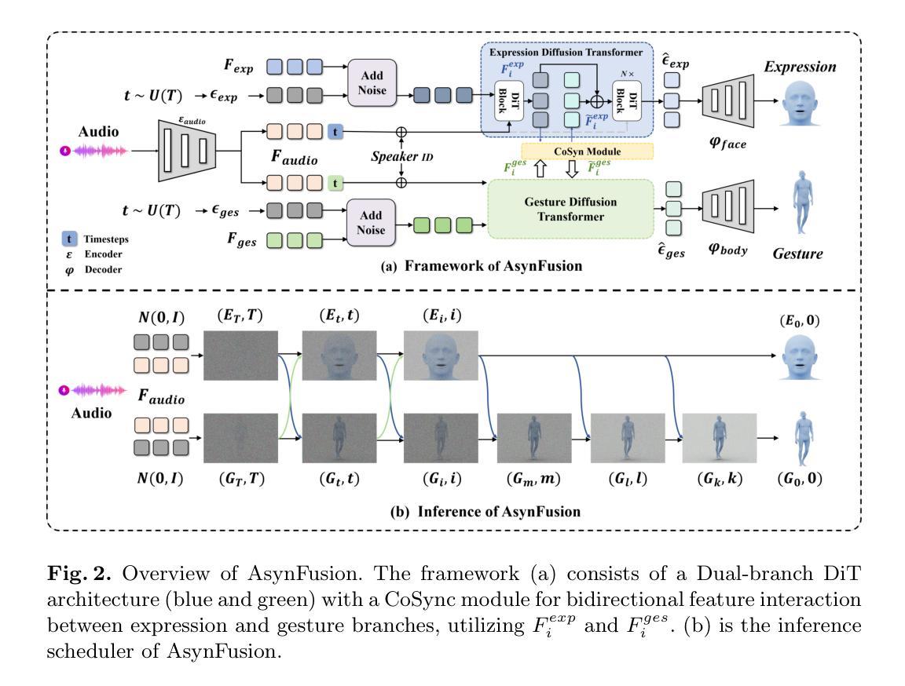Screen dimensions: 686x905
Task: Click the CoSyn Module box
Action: click(588, 151)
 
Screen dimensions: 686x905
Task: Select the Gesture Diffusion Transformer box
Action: click(570, 209)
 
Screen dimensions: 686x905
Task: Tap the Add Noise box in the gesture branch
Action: click(372, 224)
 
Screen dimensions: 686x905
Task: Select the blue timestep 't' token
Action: click(336, 132)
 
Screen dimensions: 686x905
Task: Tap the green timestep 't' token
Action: click(336, 183)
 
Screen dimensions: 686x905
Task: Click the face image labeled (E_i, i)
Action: click(441, 356)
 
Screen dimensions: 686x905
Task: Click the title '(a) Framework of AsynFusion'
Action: click(482, 266)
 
